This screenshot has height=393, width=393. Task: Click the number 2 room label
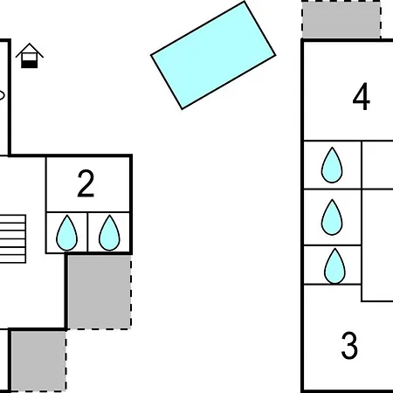[86, 183]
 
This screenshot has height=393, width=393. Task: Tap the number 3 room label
[349, 345]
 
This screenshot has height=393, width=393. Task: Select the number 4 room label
[362, 96]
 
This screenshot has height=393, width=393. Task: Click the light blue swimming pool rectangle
[213, 55]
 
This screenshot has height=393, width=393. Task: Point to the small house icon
[30, 56]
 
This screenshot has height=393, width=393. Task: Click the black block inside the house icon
[30, 64]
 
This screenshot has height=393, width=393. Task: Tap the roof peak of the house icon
[30, 44]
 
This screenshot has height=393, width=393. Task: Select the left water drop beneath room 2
[67, 233]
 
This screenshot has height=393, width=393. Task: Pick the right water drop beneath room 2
[109, 233]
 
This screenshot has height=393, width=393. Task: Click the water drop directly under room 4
[332, 166]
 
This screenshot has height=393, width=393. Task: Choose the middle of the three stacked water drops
[332, 217]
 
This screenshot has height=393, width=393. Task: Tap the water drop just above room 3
[334, 266]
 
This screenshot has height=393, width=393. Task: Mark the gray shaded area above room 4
[341, 20]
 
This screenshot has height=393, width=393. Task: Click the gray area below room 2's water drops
[100, 292]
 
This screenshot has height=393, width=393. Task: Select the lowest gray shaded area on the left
[38, 361]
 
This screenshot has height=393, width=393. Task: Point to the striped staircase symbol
[13, 239]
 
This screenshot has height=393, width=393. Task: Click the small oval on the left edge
[2, 95]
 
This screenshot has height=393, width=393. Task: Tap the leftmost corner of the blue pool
[151, 55]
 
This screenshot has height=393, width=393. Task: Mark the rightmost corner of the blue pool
[275, 55]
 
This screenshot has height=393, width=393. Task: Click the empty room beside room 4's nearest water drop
[377, 165]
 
